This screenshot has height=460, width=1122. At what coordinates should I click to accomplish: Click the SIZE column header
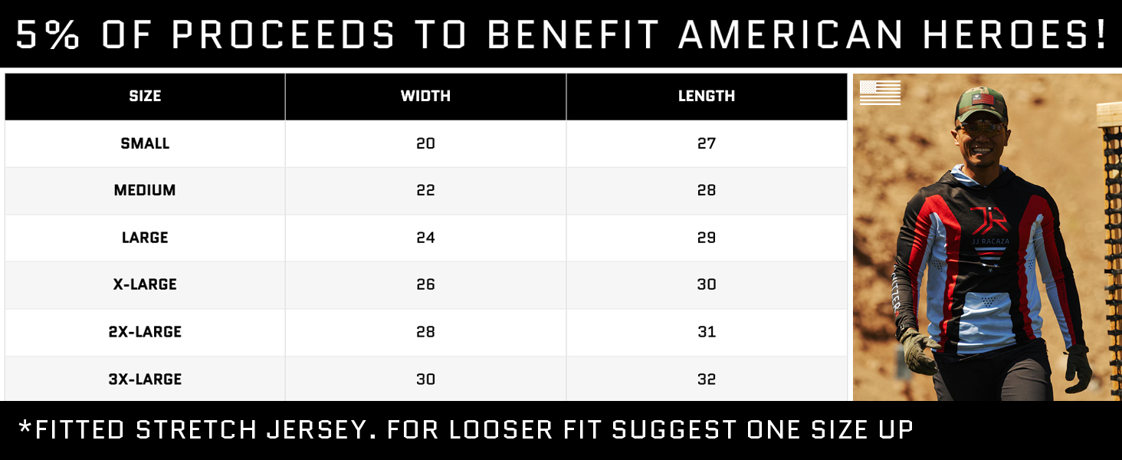[x=145, y=96]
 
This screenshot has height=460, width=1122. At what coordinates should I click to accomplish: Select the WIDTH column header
[x=425, y=96]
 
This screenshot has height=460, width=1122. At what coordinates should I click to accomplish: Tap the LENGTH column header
[x=707, y=96]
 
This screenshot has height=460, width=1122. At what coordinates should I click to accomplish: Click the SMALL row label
[x=145, y=143]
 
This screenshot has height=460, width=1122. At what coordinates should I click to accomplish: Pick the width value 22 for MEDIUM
[x=425, y=190]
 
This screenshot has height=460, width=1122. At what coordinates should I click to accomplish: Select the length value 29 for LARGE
[x=707, y=237]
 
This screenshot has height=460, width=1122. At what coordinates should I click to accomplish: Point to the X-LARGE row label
[x=145, y=284]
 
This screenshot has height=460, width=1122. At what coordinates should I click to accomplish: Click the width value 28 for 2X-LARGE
[x=425, y=331]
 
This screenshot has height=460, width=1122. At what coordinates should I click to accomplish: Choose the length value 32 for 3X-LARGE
[x=707, y=379]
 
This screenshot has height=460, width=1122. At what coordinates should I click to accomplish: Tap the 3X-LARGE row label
[x=145, y=379]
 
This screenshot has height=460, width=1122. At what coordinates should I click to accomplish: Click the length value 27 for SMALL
[x=707, y=143]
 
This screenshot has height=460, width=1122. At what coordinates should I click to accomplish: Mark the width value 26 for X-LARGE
[x=425, y=284]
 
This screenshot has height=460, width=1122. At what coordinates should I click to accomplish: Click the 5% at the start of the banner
[x=48, y=34]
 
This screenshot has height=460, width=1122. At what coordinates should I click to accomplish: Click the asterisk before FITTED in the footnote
[x=25, y=427]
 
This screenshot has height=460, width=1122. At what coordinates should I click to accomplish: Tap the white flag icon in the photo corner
[x=880, y=93]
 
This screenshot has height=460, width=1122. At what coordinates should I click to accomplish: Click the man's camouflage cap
[x=980, y=104]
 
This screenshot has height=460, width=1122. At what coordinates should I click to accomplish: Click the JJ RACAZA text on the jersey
[x=990, y=242]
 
